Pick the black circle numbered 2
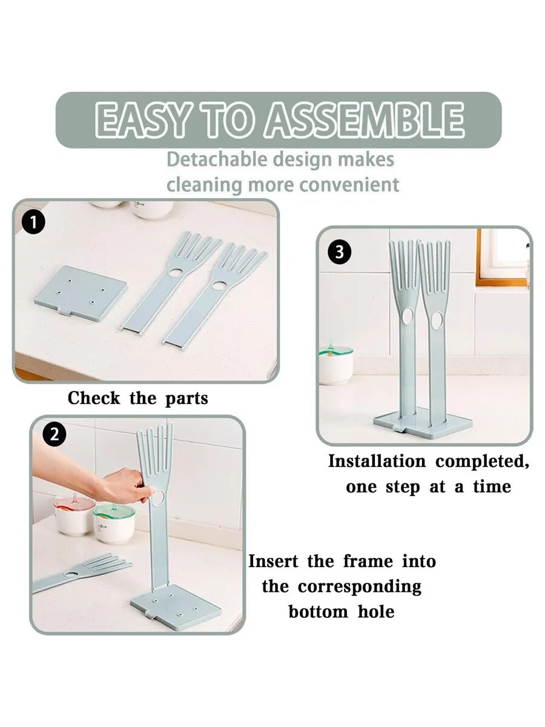pos(54,434)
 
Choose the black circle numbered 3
pos(339,253)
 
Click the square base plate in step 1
pos(81,294)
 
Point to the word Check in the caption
pos(94,398)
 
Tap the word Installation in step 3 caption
pos(377,462)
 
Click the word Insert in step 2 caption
pos(273,562)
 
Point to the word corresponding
pos(360,588)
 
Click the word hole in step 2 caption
pos(376,611)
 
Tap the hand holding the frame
pos(126,486)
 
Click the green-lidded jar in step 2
pos(113,523)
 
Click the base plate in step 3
pos(423,425)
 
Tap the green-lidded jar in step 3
pos(335,365)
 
